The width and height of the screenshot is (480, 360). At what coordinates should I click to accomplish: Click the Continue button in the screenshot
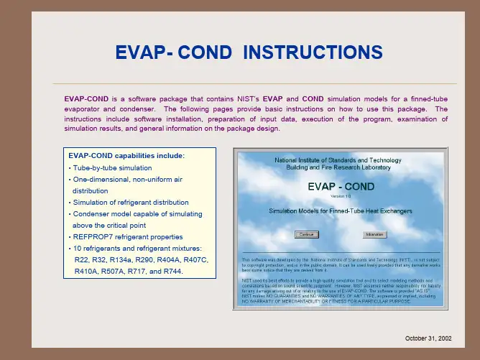307,234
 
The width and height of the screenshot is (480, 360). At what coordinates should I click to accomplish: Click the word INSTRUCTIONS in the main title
303,52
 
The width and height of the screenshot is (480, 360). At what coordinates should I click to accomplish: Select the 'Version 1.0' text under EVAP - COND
340,195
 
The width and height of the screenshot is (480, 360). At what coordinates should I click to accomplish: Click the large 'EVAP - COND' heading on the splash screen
340,185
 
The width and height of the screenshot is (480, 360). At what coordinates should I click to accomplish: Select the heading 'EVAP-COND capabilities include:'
126,156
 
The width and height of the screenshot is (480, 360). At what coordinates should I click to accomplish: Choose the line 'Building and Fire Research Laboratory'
340,167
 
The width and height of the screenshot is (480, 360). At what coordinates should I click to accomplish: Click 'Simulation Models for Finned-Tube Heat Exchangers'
340,211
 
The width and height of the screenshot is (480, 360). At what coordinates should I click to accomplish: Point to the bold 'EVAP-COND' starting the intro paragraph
86,97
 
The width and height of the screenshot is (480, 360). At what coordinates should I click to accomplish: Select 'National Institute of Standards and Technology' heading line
340,159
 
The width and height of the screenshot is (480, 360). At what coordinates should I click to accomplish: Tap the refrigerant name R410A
87,272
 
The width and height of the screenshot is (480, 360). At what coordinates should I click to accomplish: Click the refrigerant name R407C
195,259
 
